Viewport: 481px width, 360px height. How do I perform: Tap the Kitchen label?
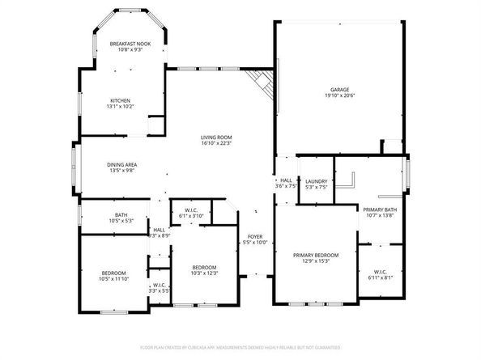coord(121,100)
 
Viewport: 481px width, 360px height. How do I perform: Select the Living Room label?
coord(216,138)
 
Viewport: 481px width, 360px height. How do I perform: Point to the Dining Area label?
coord(121,164)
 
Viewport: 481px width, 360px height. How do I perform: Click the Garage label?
coord(339,89)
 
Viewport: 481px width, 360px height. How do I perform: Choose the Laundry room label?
coord(317,181)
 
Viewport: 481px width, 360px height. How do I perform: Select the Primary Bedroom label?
coord(316,255)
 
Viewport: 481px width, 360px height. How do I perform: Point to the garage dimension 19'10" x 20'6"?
coord(339,95)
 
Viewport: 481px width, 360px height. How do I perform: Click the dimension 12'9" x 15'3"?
coord(316,260)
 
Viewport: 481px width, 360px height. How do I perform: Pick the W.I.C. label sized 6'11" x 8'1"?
coord(381,272)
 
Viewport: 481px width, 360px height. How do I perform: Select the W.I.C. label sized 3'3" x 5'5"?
coord(160,286)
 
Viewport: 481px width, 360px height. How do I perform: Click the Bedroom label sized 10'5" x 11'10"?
coord(113,273)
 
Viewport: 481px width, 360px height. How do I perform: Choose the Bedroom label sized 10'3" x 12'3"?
coord(204,268)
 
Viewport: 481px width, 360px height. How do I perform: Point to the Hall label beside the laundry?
coord(286,180)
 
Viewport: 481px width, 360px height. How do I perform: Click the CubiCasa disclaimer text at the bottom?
coord(240,346)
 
